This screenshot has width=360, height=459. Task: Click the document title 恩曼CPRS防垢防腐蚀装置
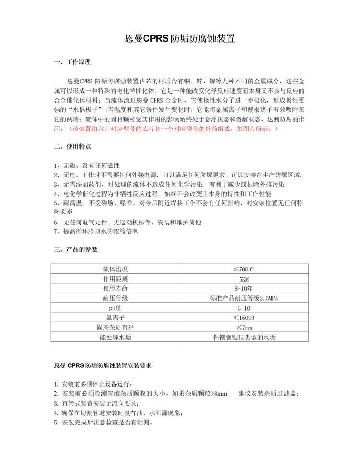[180, 39]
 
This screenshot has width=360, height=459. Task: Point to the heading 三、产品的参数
[75, 249]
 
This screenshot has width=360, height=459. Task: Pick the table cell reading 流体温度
[116, 269]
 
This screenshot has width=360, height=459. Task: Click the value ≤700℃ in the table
[243, 269]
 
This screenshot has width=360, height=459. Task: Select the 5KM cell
[243, 279]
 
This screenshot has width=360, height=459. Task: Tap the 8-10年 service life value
[243, 288]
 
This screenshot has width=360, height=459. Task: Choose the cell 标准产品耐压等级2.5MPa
[243, 298]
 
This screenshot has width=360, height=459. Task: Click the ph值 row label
[116, 308]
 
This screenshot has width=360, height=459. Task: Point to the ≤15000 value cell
[243, 318]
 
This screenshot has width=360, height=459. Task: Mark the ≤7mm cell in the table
[243, 328]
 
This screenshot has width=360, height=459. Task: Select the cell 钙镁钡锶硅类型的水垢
[243, 337]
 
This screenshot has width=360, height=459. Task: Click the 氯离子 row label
[116, 318]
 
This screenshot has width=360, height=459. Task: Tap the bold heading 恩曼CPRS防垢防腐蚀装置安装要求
[103, 365]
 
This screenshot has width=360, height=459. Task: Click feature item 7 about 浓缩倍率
[96, 231]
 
